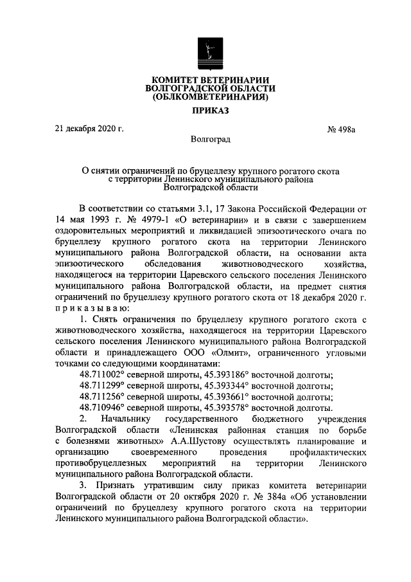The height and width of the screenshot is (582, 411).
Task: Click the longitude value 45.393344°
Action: click(x=226, y=386)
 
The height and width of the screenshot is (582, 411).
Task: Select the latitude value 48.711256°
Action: click(x=107, y=397)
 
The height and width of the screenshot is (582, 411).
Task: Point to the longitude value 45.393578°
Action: click(x=226, y=408)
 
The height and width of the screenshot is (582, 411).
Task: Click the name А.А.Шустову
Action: click(x=201, y=441)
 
